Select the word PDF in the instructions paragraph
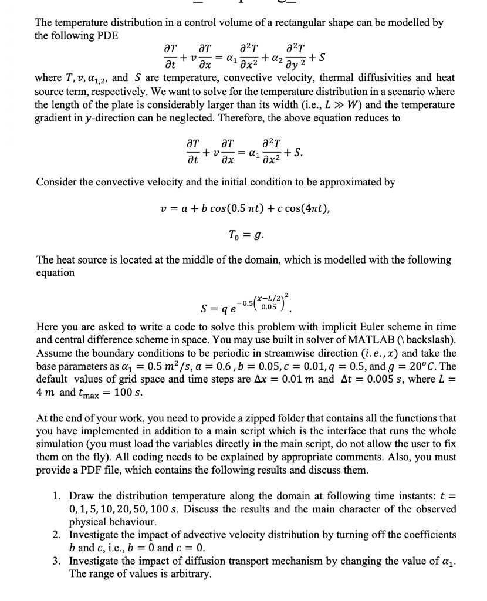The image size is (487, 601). pos(110,470)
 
